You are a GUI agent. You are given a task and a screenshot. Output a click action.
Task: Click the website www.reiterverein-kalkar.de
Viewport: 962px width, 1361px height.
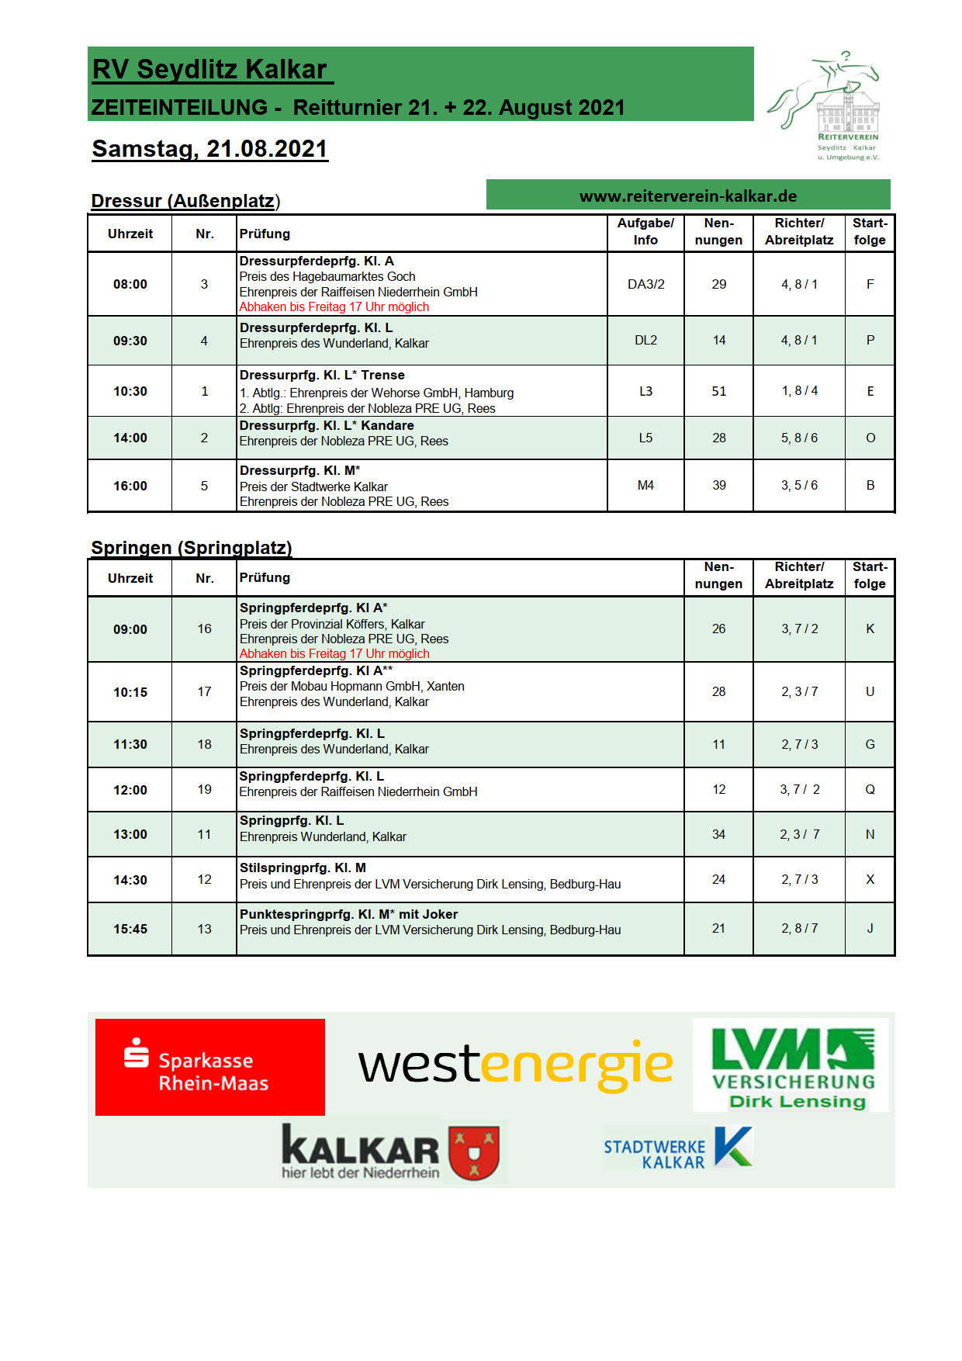pyautogui.click(x=688, y=196)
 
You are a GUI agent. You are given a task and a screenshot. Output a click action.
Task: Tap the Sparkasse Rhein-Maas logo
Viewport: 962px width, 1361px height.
pyautogui.click(x=209, y=1067)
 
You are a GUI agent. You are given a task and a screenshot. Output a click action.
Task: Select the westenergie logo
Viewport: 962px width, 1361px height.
pyautogui.click(x=515, y=1065)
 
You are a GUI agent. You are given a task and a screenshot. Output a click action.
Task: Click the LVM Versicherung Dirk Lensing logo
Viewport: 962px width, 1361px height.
pyautogui.click(x=793, y=1065)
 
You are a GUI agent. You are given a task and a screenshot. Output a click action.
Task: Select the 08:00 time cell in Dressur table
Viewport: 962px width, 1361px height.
pyautogui.click(x=130, y=284)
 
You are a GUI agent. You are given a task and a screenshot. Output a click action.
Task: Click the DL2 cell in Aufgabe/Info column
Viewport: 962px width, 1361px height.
pyautogui.click(x=645, y=341)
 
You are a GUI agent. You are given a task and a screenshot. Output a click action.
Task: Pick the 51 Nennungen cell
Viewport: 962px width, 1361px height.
pyautogui.click(x=718, y=391)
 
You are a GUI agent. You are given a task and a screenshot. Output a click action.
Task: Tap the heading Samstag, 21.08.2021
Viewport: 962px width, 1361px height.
pyautogui.click(x=209, y=149)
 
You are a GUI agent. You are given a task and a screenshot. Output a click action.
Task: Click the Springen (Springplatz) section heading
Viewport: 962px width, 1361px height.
pyautogui.click(x=192, y=548)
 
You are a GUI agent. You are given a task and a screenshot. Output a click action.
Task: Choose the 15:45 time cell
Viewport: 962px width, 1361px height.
pyautogui.click(x=130, y=929)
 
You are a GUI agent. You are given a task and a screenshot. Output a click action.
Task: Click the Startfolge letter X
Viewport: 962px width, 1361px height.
pyautogui.click(x=870, y=879)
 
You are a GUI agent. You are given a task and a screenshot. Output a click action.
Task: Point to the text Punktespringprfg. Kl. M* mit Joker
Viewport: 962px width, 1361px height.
pyautogui.click(x=348, y=914)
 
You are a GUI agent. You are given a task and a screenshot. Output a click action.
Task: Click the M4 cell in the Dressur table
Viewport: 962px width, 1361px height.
pyautogui.click(x=645, y=486)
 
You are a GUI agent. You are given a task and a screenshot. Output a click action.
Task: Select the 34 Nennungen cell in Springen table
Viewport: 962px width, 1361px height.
pyautogui.click(x=718, y=835)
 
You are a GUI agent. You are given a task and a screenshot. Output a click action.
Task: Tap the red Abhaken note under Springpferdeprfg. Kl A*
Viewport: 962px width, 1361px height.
pyautogui.click(x=334, y=653)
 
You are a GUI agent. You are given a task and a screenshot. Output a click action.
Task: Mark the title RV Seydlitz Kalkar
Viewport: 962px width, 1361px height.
pyautogui.click(x=209, y=70)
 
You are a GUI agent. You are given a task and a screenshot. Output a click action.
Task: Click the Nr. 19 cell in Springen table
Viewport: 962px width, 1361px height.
pyautogui.click(x=204, y=790)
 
